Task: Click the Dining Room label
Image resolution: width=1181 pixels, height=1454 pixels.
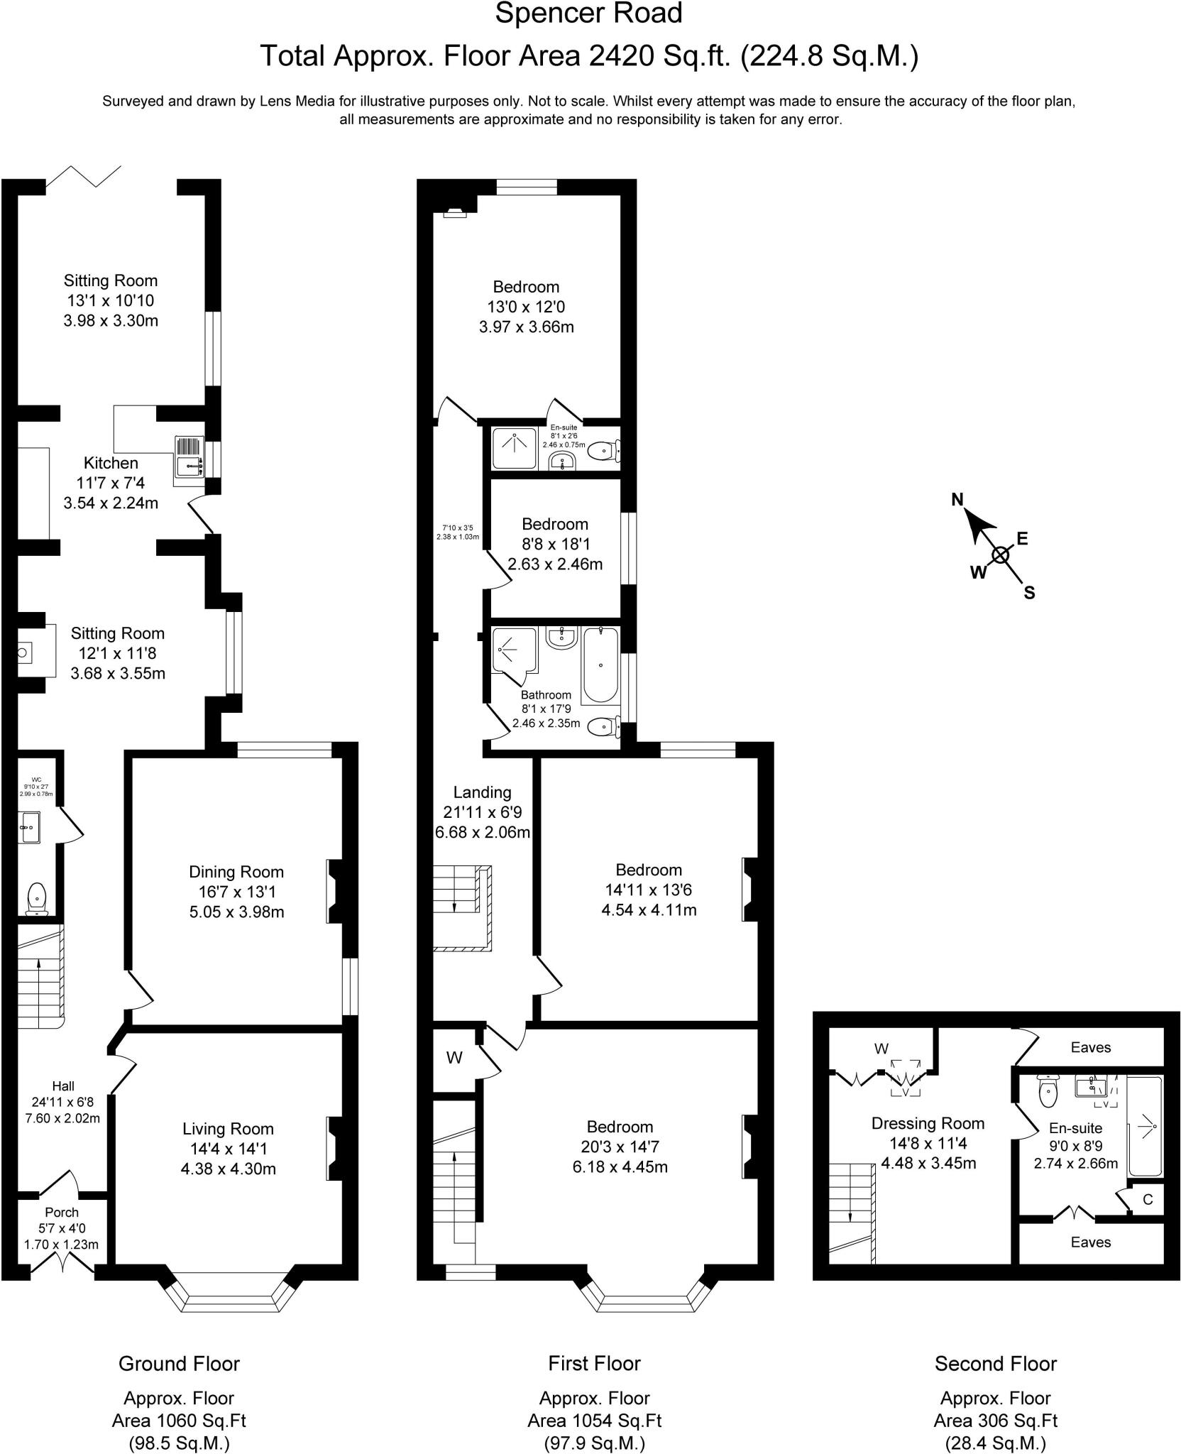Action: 236,872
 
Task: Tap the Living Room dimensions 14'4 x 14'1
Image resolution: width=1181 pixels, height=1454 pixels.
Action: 228,1148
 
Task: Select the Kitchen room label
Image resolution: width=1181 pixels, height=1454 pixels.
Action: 111,463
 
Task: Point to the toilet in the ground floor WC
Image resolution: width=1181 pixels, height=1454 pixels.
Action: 35,897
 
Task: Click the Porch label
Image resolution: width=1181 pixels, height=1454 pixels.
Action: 61,1212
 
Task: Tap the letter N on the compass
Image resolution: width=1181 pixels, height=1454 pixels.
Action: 957,500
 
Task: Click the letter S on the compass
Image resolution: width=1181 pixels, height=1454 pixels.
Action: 1029,593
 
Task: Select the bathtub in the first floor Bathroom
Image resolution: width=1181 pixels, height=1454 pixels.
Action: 600,665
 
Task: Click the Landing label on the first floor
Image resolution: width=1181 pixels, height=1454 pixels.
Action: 482,792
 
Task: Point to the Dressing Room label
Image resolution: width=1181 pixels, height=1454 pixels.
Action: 928,1123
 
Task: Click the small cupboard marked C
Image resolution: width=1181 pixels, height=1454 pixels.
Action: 1148,1199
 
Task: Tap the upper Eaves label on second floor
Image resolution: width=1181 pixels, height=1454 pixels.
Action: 1090,1047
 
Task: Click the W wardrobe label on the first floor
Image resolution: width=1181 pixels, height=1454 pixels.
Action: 454,1058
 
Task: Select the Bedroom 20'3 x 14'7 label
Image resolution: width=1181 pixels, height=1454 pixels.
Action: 620,1127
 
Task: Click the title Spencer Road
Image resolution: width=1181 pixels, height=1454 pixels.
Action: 588,13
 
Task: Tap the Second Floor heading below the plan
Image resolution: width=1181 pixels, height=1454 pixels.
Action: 995,1363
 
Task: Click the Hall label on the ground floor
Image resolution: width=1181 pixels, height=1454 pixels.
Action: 62,1086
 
